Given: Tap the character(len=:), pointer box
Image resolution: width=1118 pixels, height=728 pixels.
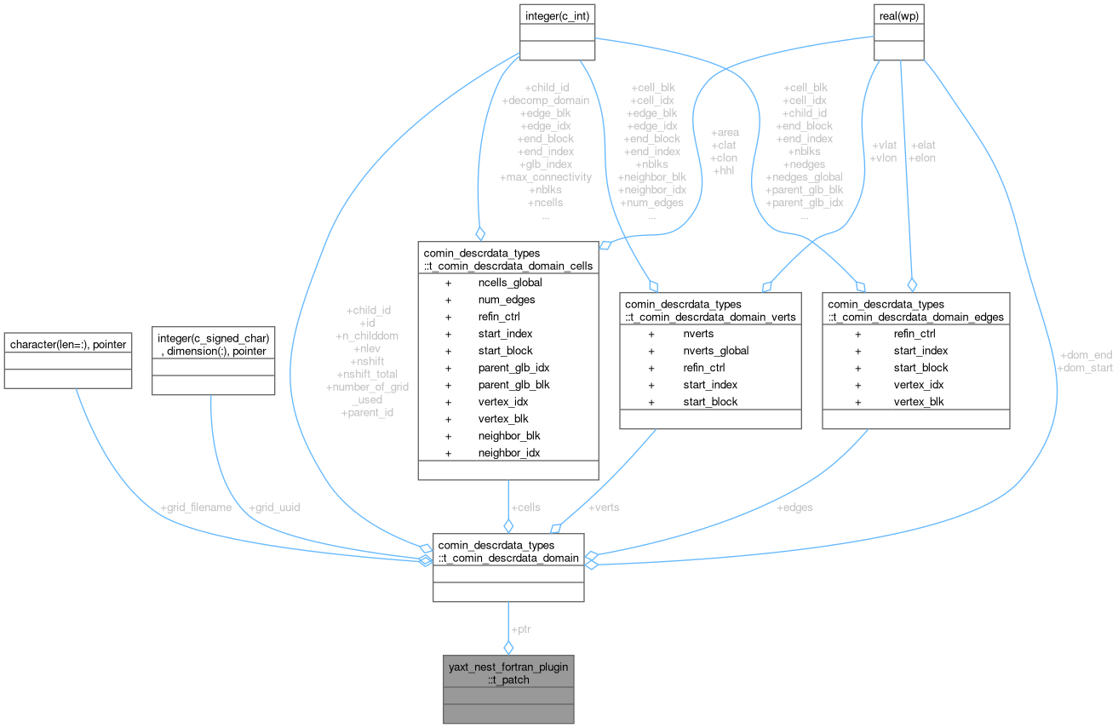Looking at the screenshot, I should [67, 344].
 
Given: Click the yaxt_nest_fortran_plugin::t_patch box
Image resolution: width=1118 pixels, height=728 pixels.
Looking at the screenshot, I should [508, 674].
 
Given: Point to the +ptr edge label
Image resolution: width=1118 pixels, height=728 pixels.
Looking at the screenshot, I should [521, 629].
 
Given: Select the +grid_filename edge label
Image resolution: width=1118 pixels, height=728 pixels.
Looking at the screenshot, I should [196, 507].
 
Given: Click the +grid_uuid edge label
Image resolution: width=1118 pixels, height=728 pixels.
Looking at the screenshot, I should [273, 507].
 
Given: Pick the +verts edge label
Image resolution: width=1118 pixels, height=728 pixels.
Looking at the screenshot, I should [604, 507].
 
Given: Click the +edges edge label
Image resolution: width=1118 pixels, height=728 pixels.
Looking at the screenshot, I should [795, 507].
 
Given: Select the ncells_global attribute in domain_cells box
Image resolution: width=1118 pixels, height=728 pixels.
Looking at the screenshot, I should [509, 283].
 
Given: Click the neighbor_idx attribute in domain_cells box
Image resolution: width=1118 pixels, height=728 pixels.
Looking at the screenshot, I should [508, 453].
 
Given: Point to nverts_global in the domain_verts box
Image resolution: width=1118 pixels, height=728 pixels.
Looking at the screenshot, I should [715, 351].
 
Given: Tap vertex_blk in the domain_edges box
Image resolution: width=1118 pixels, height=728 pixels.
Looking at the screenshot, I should [919, 402].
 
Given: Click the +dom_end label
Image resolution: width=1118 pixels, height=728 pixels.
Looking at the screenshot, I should [1085, 355].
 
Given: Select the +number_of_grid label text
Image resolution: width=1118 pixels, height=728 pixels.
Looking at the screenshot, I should [367, 387].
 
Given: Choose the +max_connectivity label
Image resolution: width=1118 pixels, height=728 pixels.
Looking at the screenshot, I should [545, 177].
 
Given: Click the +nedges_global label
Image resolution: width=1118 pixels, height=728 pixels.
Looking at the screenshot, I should [804, 177].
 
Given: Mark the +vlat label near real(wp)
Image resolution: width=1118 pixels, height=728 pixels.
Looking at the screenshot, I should [883, 145].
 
